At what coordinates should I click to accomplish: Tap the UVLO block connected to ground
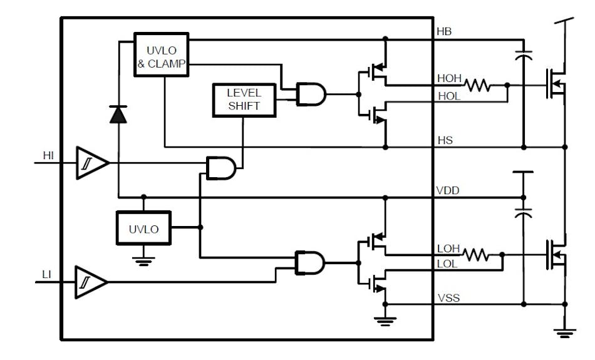click(x=143, y=229)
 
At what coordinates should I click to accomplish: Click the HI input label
click(x=48, y=155)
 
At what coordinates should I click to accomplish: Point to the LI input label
click(x=47, y=274)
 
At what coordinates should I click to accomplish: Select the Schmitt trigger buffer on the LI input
click(x=90, y=282)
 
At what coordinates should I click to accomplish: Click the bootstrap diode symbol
click(x=118, y=115)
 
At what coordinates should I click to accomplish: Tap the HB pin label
click(x=445, y=31)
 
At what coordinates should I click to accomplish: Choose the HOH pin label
click(x=449, y=79)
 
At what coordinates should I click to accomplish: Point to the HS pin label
click(x=445, y=140)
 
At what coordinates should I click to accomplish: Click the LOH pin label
click(x=448, y=249)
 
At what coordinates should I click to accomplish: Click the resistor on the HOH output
click(x=477, y=85)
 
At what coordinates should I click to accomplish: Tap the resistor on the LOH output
click(x=475, y=255)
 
